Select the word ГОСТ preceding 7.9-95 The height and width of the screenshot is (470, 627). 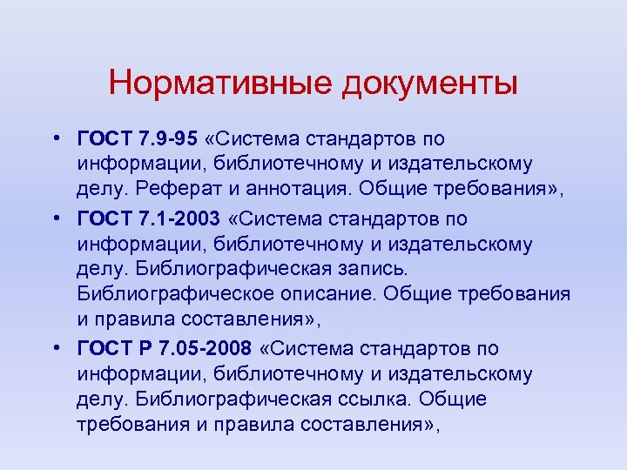tap(103, 138)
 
